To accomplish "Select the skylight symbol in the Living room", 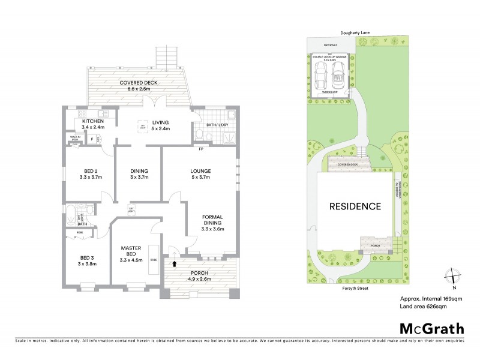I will (143, 127).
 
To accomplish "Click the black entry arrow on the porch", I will (175, 262).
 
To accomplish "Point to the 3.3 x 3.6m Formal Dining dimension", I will (212, 229).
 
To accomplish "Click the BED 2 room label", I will (89, 171).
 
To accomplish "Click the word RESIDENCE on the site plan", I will (355, 206).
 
